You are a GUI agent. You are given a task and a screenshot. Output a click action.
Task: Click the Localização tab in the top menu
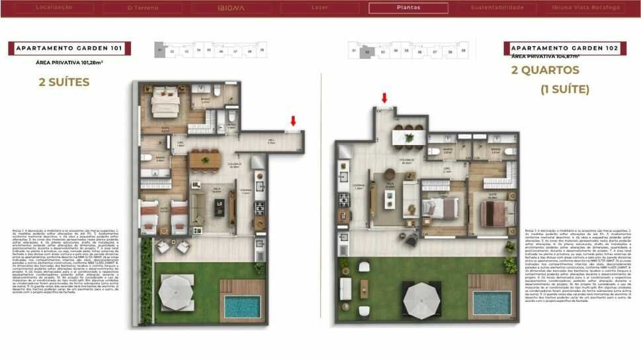coord(54,8)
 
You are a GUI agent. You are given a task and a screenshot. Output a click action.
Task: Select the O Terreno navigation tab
coord(144,8)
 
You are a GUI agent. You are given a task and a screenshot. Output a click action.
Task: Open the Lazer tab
coord(320,8)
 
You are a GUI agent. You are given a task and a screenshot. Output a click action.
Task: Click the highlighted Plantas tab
coord(408,8)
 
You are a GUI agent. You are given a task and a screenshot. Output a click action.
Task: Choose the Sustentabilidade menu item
coord(497,8)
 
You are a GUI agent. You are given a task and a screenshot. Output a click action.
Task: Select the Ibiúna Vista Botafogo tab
coord(586,8)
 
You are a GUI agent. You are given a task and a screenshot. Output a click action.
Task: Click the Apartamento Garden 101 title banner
coord(69,48)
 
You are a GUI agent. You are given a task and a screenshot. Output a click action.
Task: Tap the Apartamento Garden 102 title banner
coord(564,48)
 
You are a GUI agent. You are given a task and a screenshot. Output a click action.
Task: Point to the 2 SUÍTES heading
coord(65,83)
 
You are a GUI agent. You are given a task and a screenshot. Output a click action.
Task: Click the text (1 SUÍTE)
coord(564,89)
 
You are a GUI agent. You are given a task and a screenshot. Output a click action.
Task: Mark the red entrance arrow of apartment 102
coord(384,98)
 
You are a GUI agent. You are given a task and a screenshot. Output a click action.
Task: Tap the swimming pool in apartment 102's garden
coord(491,302)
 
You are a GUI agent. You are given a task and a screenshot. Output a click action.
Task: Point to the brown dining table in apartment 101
coord(204,159)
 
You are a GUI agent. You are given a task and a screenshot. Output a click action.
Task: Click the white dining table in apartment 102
coord(407,137)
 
